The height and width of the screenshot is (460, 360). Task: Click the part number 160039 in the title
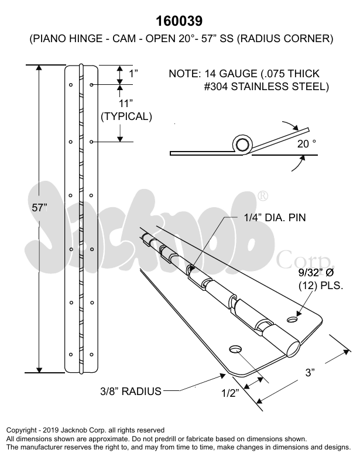point(180,21)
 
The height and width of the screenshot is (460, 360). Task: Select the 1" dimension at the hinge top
point(133,73)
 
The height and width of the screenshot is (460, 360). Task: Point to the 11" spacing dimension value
point(126,104)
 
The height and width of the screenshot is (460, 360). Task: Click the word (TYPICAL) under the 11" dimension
point(126,116)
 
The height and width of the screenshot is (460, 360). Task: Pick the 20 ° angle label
point(306,142)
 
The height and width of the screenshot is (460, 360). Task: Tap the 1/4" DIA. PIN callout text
point(275,218)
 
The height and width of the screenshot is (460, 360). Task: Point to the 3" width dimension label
point(310,372)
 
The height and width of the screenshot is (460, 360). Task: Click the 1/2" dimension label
point(230,393)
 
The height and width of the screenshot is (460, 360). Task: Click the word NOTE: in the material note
point(184,74)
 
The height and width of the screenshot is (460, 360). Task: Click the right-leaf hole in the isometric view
point(294,319)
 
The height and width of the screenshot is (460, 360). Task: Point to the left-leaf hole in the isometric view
point(236,349)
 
